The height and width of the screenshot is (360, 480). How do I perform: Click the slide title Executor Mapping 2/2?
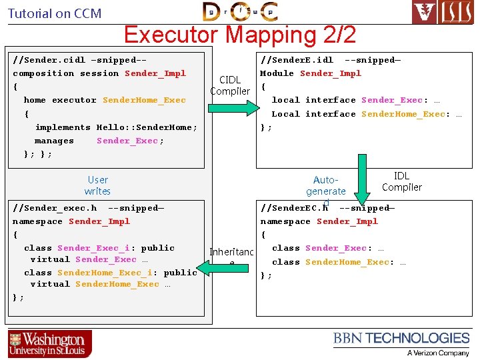click(x=240, y=35)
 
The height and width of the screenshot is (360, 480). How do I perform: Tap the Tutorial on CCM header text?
click(x=55, y=13)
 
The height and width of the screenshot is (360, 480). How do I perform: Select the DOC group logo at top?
click(x=240, y=11)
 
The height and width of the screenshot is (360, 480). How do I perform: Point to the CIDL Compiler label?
click(x=230, y=85)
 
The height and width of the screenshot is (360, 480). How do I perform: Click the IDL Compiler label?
click(x=401, y=181)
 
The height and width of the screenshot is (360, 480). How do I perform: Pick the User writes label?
click(x=97, y=185)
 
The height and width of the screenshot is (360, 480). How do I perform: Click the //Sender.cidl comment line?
click(x=79, y=60)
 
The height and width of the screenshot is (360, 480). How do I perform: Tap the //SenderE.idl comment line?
click(x=330, y=60)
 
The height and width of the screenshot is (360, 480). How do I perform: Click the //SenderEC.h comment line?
click(x=327, y=208)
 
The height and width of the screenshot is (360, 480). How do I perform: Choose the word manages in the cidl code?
click(x=54, y=141)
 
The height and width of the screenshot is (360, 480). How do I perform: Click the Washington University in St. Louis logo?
click(x=51, y=344)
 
